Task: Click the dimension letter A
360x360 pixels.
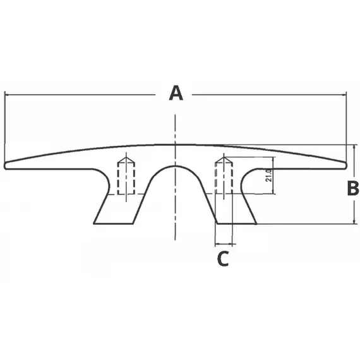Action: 176,93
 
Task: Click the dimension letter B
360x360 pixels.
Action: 353,188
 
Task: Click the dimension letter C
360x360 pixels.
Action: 223,258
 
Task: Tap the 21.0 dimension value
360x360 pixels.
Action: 268,176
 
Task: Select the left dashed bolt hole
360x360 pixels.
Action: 126,176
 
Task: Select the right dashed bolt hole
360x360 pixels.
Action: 224,176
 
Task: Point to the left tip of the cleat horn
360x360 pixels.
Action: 4,165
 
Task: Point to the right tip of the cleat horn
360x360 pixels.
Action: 346,165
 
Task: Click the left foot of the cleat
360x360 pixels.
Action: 113,223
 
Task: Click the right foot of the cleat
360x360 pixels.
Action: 237,223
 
